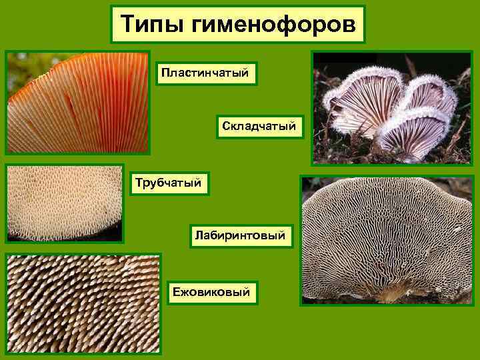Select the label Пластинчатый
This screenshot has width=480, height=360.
click(207, 72)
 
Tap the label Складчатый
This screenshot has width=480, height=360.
click(260, 125)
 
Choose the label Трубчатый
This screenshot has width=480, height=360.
click(168, 181)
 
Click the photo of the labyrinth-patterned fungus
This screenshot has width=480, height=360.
click(387, 240)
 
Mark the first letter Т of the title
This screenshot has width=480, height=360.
click(127, 25)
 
